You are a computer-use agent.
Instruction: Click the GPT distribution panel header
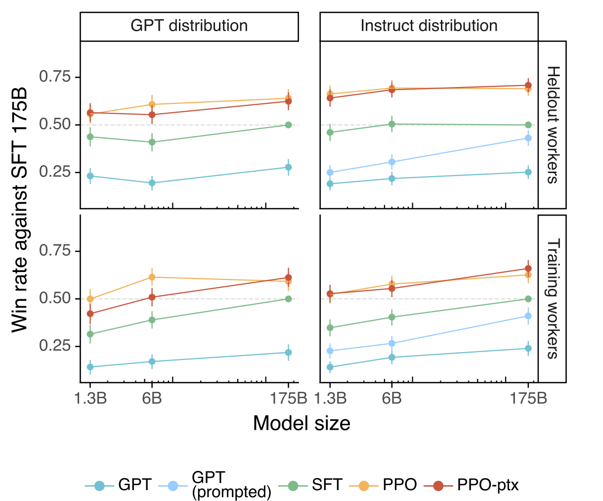click(189, 26)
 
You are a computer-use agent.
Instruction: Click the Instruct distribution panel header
click(429, 26)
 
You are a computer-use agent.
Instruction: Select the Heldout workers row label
click(552, 125)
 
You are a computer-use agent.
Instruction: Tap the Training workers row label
click(552, 299)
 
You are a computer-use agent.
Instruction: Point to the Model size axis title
click(301, 423)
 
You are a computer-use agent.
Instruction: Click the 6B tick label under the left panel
click(152, 399)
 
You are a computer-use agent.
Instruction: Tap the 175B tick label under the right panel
click(528, 399)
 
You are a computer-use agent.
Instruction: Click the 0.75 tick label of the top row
click(55, 77)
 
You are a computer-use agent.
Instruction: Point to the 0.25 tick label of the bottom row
click(55, 346)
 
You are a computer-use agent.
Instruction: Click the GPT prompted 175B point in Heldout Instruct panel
click(528, 138)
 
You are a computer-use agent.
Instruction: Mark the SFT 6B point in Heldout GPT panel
click(152, 142)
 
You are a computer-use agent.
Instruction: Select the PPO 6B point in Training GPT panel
click(152, 277)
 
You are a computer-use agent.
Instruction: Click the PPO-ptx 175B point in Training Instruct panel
click(528, 269)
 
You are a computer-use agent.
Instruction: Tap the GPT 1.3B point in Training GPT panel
click(90, 367)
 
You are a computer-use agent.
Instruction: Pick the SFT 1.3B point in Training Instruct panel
click(330, 327)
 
